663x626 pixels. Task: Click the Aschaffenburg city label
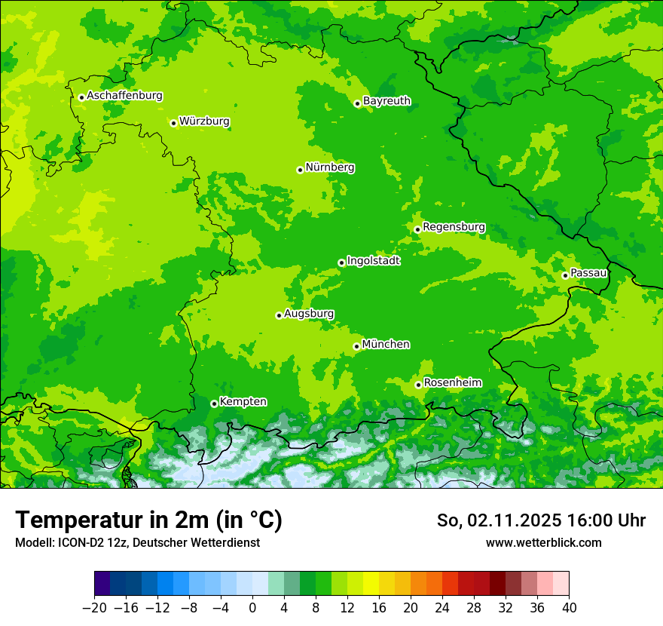[124, 96]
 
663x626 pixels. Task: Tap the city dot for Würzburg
[173, 123]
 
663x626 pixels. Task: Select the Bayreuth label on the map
[386, 101]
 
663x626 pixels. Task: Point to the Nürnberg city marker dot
[300, 170]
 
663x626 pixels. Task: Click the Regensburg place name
[454, 227]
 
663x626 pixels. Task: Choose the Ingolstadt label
[373, 261]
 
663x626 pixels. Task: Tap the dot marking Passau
[565, 275]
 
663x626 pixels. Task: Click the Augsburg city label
[309, 314]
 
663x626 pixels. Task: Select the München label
[386, 345]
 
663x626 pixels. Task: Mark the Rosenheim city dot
[418, 385]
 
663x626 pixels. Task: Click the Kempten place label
[243, 402]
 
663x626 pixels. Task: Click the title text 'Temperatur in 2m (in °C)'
[148, 520]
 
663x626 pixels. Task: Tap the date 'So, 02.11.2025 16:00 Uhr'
[541, 520]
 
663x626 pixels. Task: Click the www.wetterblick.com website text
[543, 542]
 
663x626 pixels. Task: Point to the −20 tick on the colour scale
[95, 608]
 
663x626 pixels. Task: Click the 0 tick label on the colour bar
[252, 608]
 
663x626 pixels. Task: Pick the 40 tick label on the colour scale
[569, 608]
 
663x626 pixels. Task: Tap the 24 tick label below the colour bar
[442, 608]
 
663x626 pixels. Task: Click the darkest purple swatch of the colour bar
[102, 584]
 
